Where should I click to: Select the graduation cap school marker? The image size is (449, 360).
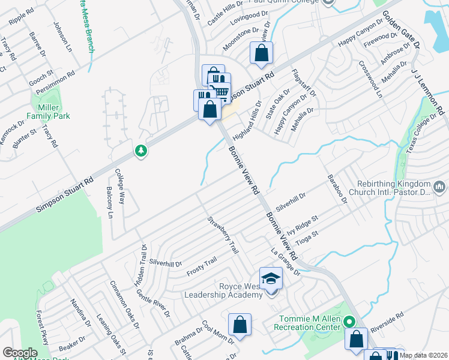[x=271, y=278]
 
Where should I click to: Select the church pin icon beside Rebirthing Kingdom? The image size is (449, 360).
[x=439, y=188]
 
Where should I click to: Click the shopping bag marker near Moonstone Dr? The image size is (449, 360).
[x=262, y=53]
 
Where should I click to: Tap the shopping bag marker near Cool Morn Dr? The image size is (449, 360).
[x=240, y=325]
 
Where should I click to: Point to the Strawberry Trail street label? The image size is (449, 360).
[x=223, y=235]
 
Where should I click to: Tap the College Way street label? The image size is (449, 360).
[x=119, y=187]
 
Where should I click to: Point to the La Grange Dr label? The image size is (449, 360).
[x=285, y=262]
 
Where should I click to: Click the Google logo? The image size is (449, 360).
[x=20, y=353]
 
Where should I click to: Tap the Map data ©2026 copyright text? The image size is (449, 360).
[x=423, y=355]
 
